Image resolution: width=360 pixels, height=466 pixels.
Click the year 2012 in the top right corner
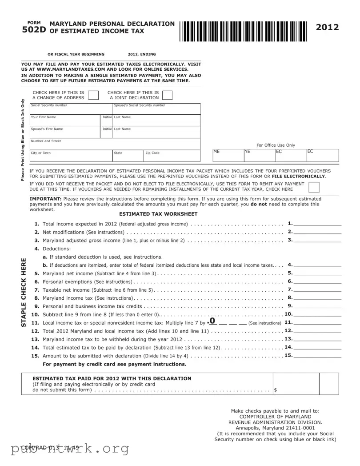(327, 28)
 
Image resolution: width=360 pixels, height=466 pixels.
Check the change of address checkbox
(93, 95)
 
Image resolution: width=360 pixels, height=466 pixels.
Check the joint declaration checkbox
(168, 95)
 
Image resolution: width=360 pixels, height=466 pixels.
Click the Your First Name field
(65, 121)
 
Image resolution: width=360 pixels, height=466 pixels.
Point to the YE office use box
(259, 155)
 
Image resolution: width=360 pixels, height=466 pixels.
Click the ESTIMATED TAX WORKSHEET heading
(158, 214)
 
